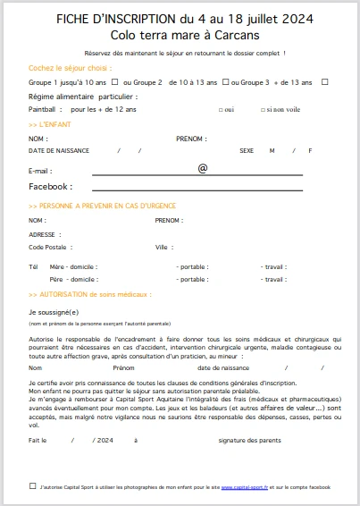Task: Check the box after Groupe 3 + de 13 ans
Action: click(x=325, y=82)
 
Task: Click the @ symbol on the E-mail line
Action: click(x=202, y=167)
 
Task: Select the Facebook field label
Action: click(x=50, y=187)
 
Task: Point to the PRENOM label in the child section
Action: click(x=190, y=139)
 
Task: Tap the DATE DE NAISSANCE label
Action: click(x=59, y=150)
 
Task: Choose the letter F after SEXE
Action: click(x=310, y=150)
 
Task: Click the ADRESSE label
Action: click(x=42, y=234)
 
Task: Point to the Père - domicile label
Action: click(x=73, y=279)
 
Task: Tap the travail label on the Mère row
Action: click(x=273, y=266)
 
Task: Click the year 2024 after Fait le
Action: click(x=105, y=440)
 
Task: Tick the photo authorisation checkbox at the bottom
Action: click(x=32, y=486)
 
